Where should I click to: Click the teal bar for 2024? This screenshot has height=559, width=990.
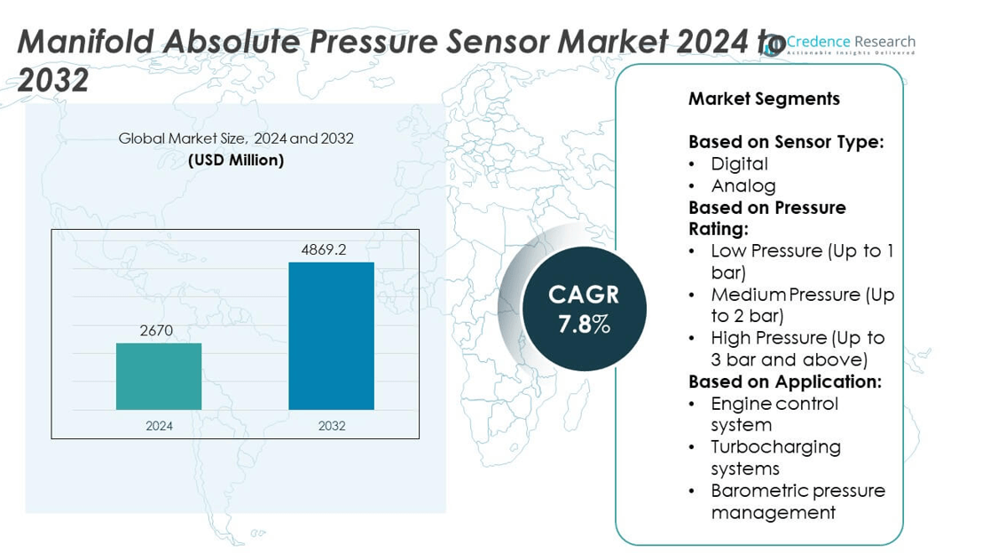coord(159,376)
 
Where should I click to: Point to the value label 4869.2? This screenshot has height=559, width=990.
coord(324,250)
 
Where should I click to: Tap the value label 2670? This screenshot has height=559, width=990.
coord(156,331)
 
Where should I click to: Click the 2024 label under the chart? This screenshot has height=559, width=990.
coord(159,426)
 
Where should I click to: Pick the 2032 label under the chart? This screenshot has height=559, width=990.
coord(332,426)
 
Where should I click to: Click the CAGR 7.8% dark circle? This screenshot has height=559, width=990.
coord(584,309)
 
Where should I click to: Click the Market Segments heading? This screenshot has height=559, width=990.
coord(764,98)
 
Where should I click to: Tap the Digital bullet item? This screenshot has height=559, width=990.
coord(739,163)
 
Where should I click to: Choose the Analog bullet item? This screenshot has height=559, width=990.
coord(743,185)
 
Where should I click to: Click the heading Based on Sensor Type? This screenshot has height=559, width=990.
coord(786,142)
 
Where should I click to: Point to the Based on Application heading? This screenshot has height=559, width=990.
coord(785,382)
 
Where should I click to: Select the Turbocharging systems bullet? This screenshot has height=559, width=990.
coord(775,458)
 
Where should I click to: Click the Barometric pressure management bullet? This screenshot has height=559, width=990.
coord(797,501)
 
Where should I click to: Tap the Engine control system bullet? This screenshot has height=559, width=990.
coord(774,414)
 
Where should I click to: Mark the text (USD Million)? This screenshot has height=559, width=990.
coord(236,161)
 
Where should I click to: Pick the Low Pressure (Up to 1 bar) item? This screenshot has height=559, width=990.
coord(801,262)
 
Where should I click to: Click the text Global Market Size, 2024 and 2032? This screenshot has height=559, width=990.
coord(236,138)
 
